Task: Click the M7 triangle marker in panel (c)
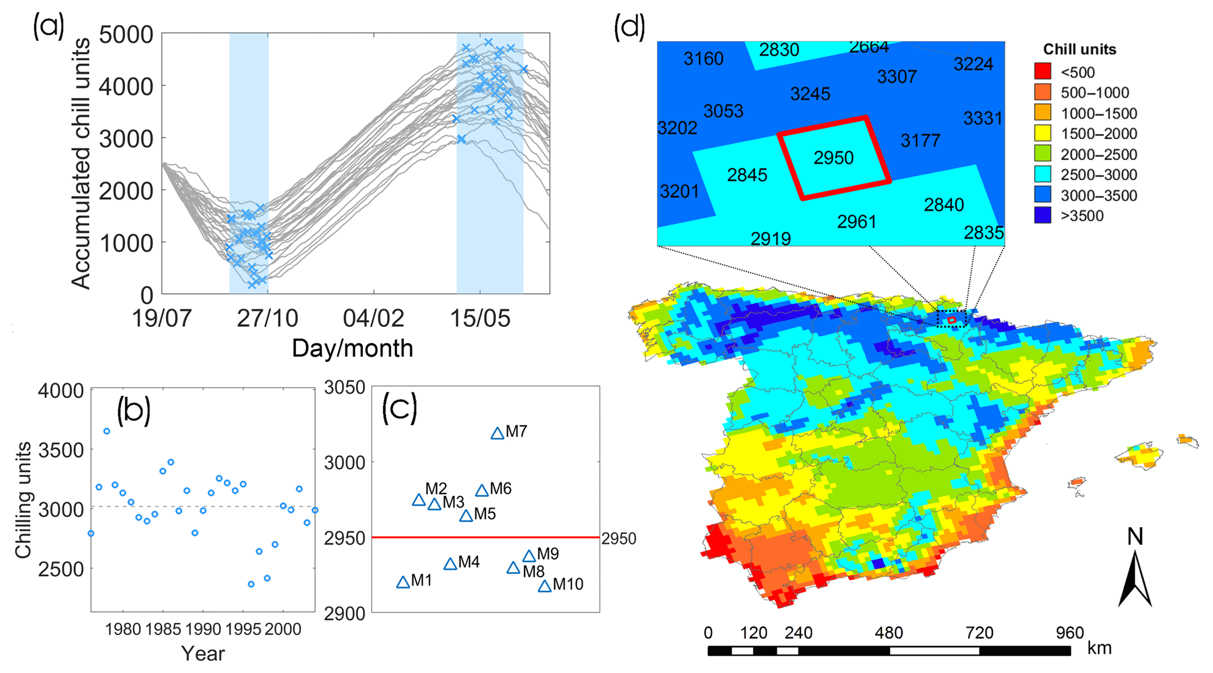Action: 497,434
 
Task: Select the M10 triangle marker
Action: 545,586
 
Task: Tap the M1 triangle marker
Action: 403,583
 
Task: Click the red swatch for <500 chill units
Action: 1042,72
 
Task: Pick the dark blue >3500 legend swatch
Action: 1042,215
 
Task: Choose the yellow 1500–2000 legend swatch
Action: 1042,133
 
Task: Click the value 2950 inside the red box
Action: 833,158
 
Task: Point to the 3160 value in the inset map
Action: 703,59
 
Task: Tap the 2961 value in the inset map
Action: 856,222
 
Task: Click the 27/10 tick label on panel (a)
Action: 267,319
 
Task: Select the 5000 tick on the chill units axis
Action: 126,35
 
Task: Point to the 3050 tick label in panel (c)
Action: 345,388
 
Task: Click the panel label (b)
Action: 133,410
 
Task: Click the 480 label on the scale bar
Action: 888,633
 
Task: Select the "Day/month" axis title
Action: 352,349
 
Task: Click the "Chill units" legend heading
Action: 1079,49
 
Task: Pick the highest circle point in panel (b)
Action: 107,431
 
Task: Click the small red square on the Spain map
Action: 952,320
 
